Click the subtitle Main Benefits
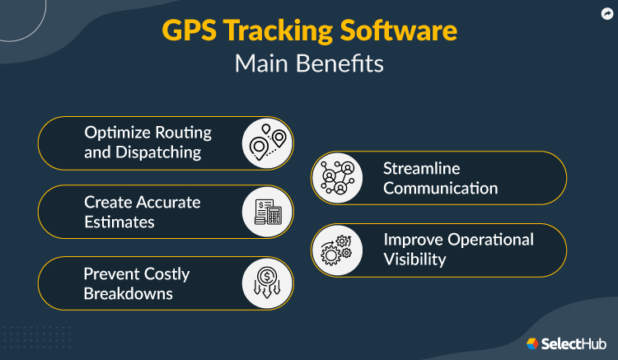308,64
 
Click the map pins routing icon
267,143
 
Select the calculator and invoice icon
267,212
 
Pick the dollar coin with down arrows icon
267,283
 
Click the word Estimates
119,222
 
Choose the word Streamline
421,168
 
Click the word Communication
440,188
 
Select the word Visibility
414,259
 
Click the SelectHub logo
566,344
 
